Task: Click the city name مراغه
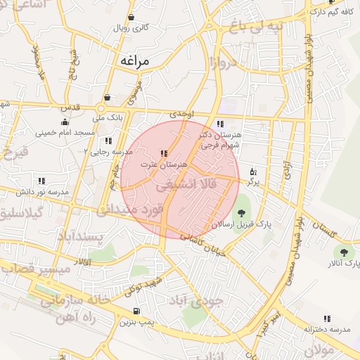pyautogui.click(x=133, y=61)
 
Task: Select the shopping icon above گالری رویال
pyautogui.click(x=131, y=18)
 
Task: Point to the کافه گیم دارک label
pyautogui.click(x=326, y=12)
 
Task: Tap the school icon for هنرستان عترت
pyautogui.click(x=164, y=153)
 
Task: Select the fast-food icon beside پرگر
pyautogui.click(x=253, y=170)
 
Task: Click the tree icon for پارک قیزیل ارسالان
pyautogui.click(x=242, y=212)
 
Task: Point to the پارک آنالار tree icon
pyautogui.click(x=344, y=251)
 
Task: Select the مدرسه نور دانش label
pyautogui.click(x=41, y=191)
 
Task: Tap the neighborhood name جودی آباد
pyautogui.click(x=197, y=301)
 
